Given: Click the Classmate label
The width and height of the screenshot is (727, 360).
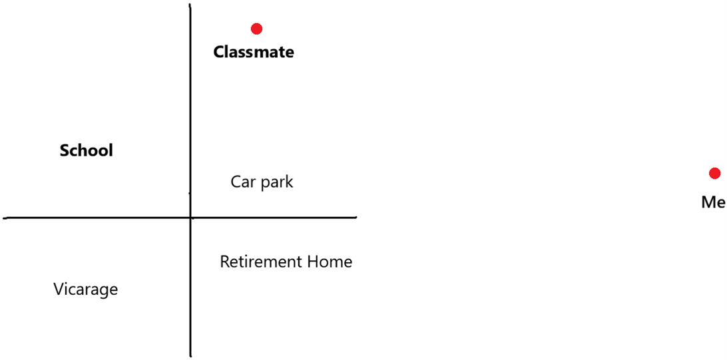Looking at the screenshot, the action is coord(254,52).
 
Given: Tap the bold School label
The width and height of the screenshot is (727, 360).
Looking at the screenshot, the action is coord(87,150).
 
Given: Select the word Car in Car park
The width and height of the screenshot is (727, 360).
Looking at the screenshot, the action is coord(242,182).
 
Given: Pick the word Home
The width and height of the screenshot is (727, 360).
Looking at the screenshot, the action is coord(330,262).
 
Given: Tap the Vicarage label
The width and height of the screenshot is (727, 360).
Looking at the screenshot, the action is coord(86,289).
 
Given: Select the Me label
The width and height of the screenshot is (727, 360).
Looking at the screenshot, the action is coord(713,202).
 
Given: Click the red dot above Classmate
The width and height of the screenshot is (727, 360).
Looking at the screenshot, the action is coord(256,29).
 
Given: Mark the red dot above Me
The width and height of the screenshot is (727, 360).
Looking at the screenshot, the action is coord(714,174).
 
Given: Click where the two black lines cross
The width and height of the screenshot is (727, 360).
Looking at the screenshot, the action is coord(191,217).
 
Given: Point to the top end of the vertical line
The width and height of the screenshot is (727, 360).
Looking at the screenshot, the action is coord(190,5).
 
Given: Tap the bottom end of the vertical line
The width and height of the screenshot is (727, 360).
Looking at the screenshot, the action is coord(191,355).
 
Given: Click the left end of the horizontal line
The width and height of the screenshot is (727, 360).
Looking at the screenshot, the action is coord(5,217).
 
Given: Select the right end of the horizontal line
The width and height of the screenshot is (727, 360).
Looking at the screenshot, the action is coord(356,217).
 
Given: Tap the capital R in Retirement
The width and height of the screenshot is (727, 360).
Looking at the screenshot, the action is coord(224,262).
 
